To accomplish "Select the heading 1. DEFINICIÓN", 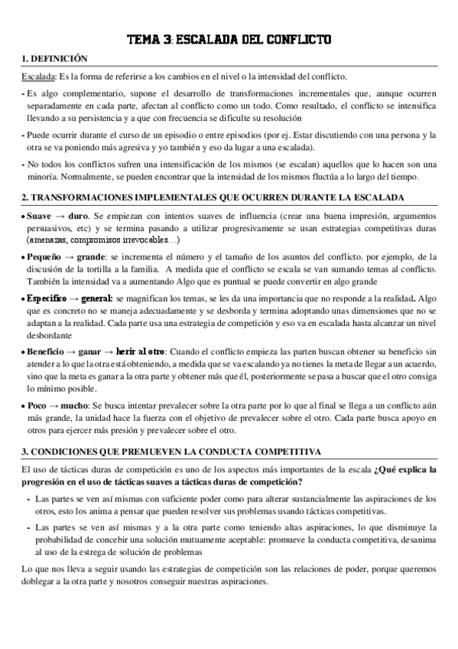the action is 54,60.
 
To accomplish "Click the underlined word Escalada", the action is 37,77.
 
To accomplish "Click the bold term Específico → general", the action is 70,297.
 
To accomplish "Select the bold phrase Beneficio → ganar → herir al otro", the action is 96,349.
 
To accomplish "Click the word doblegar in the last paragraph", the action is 41,581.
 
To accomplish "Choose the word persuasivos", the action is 51,228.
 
